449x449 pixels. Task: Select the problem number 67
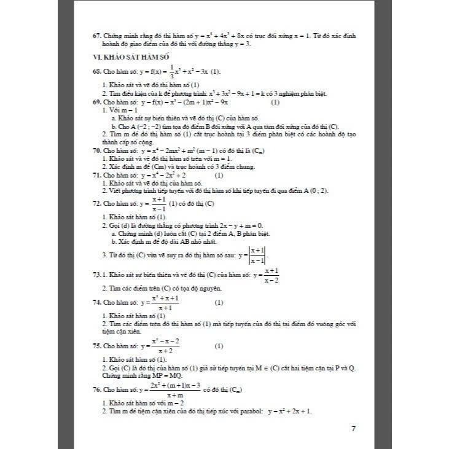point(96,36)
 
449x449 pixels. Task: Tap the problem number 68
point(96,71)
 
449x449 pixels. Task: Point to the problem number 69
point(96,103)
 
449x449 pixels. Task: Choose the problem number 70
point(96,150)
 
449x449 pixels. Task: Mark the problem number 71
point(96,175)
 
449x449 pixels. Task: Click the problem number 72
point(96,203)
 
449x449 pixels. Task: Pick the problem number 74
point(96,303)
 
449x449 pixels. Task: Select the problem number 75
point(96,346)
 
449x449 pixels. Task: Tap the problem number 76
point(96,389)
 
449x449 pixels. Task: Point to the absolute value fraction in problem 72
point(257,255)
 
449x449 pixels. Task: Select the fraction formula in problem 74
point(163,303)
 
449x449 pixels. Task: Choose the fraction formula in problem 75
point(163,346)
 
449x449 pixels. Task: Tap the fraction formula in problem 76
point(174,389)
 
